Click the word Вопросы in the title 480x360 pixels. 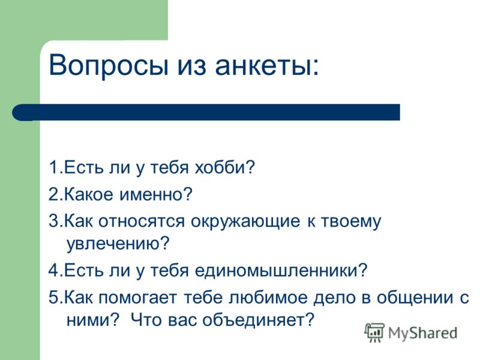(109, 65)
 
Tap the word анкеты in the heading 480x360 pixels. (263, 65)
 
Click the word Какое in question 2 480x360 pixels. (89, 194)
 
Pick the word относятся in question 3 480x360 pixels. (142, 221)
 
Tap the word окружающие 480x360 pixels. (245, 221)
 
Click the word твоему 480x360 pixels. (351, 221)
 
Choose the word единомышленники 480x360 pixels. (277, 271)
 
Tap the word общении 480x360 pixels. (415, 297)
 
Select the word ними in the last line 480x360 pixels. (88, 320)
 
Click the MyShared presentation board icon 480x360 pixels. (374, 332)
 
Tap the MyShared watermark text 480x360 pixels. (422, 333)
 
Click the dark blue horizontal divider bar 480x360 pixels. (206, 112)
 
